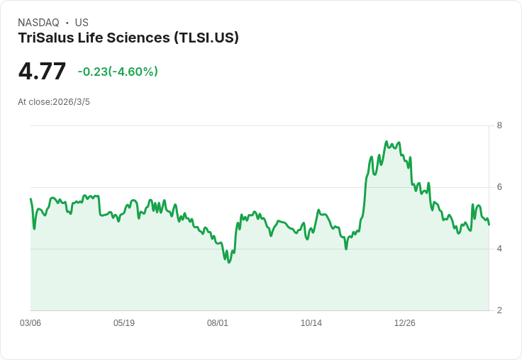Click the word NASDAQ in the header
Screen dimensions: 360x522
coord(38,23)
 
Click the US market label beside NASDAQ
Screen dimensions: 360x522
coord(82,23)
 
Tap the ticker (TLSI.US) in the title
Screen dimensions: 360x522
coord(206,38)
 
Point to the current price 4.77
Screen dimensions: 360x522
coord(42,72)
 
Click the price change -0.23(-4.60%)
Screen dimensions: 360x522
coord(118,72)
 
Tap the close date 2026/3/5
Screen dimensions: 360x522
coord(71,102)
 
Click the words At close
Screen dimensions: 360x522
coord(34,102)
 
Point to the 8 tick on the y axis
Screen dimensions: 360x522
coord(499,125)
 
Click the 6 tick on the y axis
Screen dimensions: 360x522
coord(499,187)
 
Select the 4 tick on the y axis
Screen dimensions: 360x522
coord(499,249)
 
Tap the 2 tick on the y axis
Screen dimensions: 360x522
coord(499,310)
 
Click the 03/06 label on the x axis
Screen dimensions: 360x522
coord(30,323)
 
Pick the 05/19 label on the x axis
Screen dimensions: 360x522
coord(124,323)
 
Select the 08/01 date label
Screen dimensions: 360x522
coord(218,323)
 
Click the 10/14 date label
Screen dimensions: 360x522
coord(311,323)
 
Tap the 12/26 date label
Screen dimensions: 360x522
coord(405,323)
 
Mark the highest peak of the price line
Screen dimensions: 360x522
coord(386,142)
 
